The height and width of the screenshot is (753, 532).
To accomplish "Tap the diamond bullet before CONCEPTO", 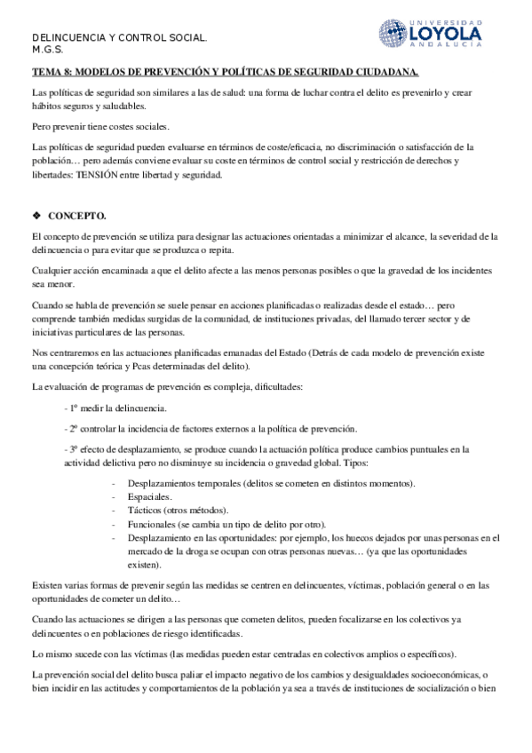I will (36, 216).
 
